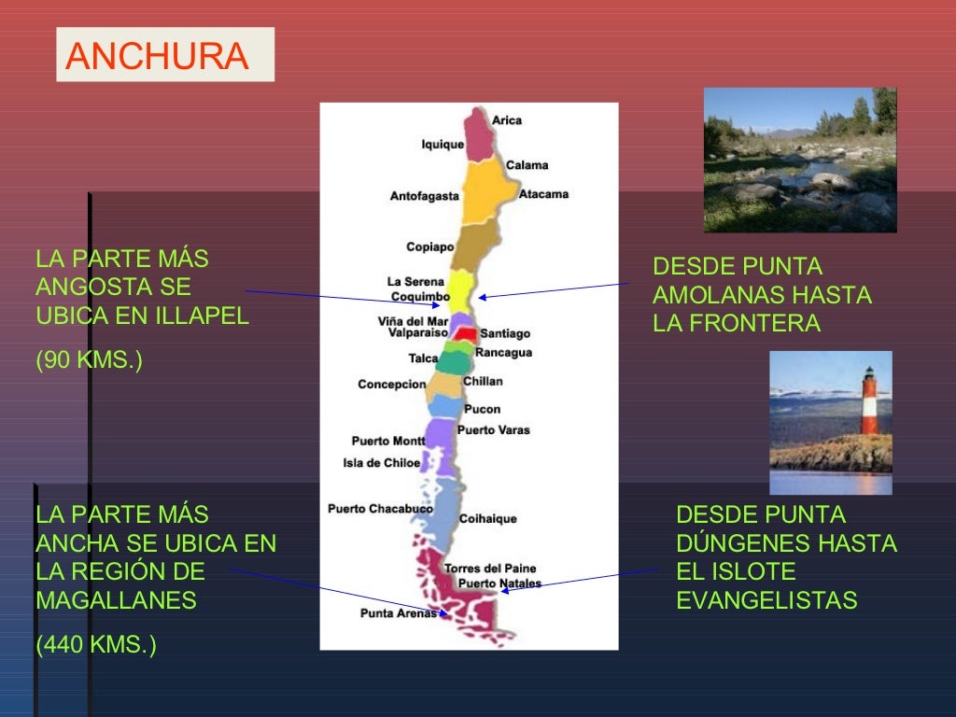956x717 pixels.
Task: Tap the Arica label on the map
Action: coord(507,120)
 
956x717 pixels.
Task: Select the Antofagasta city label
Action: coord(424,196)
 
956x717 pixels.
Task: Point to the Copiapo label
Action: coord(429,247)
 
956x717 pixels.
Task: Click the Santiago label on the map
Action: coord(505,333)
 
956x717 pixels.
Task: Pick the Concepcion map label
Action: coord(391,385)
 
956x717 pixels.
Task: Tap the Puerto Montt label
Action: coord(387,441)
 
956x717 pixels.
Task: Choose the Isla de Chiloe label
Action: coord(381,463)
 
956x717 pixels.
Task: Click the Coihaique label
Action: coord(487,519)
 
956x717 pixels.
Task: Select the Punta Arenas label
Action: coord(398,613)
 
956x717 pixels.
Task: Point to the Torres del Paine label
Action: coord(490,569)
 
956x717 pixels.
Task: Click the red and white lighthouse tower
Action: coord(869,401)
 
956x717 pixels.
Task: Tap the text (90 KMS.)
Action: coord(89,360)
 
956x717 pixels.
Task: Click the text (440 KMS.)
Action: coord(95,644)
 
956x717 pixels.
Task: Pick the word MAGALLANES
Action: coord(116,600)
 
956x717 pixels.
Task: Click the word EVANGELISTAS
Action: coord(766,600)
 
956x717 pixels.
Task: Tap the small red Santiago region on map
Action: coord(467,333)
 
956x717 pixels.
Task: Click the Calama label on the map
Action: coord(527,165)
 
